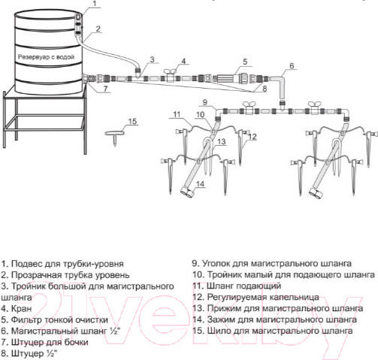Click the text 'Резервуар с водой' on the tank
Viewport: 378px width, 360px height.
47,57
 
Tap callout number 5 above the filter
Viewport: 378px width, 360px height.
245,62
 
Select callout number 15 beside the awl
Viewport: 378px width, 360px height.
132,121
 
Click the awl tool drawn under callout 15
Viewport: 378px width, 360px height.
115,137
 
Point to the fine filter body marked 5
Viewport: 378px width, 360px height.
227,78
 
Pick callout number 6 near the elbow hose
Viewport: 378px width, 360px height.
292,65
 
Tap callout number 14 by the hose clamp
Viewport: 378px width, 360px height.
200,184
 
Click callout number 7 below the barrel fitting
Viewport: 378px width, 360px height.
105,89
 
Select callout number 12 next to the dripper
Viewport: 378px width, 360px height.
253,137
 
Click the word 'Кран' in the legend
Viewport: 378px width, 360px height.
22,308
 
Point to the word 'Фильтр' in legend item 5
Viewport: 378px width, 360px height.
26,319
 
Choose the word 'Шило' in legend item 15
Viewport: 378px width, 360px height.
219,331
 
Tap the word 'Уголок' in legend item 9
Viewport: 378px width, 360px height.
216,264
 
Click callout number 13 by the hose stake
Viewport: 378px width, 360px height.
222,142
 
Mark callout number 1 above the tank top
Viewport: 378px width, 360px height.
94,4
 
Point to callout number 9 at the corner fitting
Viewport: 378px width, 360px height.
205,102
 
